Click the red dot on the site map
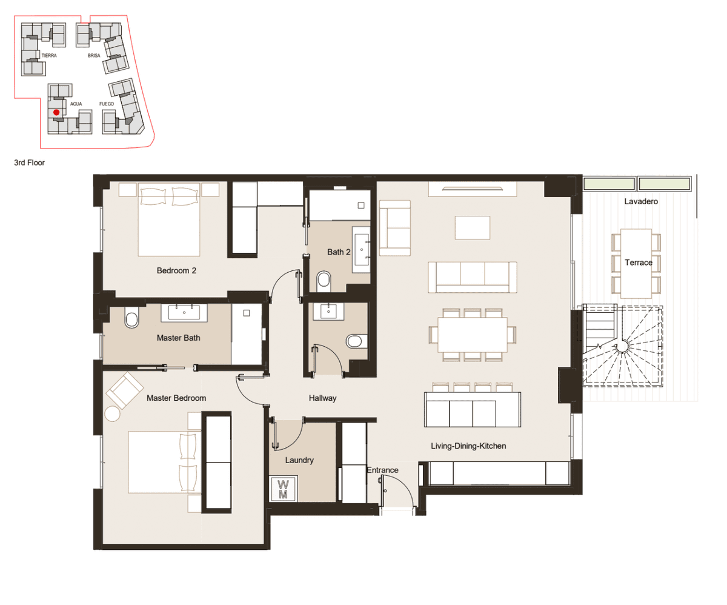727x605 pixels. click(56, 112)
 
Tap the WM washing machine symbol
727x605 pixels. click(283, 489)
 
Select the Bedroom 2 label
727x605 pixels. click(176, 270)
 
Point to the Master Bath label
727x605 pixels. click(178, 338)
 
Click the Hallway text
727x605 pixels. click(322, 398)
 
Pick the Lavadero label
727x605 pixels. click(641, 201)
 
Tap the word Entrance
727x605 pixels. click(382, 470)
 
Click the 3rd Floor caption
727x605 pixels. click(29, 162)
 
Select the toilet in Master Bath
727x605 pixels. click(131, 317)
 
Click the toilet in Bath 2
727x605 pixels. click(324, 281)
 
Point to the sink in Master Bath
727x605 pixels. click(184, 312)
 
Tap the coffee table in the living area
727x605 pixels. click(473, 227)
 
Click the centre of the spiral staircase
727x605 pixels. click(623, 347)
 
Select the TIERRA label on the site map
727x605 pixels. click(48, 55)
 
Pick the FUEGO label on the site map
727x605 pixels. click(107, 104)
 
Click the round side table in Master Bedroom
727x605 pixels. click(112, 413)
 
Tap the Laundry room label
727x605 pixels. click(299, 460)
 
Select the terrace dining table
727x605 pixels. click(636, 264)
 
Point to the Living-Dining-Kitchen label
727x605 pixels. click(468, 446)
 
